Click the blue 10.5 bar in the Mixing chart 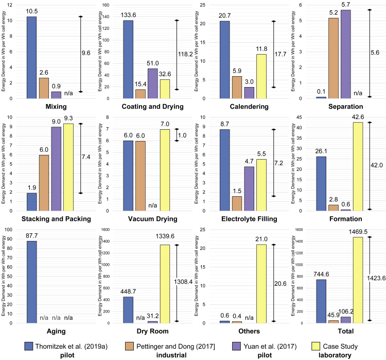click(32, 57)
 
